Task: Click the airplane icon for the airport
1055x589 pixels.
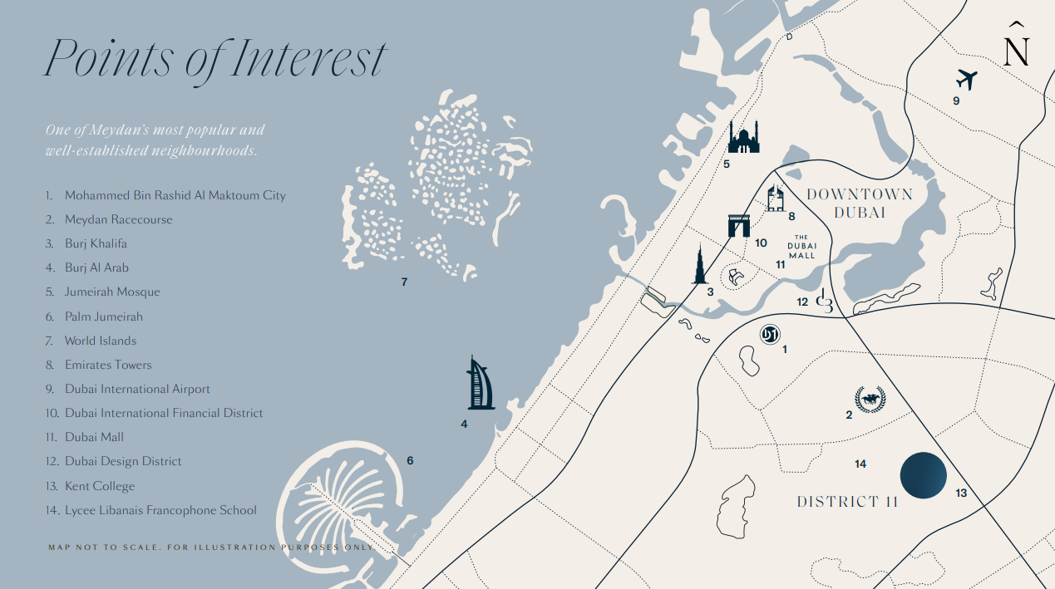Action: [x=966, y=80]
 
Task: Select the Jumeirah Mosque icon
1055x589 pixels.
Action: [x=743, y=137]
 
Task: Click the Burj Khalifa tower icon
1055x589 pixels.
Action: [x=701, y=265]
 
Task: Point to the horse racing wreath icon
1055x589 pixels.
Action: [x=870, y=400]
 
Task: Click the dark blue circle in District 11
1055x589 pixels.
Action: [x=924, y=476]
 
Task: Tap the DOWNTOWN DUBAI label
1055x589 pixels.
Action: [x=860, y=204]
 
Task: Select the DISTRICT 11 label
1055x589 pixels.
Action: [x=847, y=502]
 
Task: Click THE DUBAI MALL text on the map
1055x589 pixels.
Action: [x=802, y=246]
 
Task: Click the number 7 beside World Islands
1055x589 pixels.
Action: [x=404, y=282]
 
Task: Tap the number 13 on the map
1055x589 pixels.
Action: [x=961, y=493]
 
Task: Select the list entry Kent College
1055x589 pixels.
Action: [x=99, y=486]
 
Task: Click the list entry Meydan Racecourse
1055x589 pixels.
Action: [x=118, y=219]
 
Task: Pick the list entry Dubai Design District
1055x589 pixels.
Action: [x=122, y=461]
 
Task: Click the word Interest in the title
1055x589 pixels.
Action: [x=308, y=58]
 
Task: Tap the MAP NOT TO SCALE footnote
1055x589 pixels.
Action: [x=212, y=547]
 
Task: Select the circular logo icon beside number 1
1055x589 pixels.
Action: [x=770, y=334]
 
